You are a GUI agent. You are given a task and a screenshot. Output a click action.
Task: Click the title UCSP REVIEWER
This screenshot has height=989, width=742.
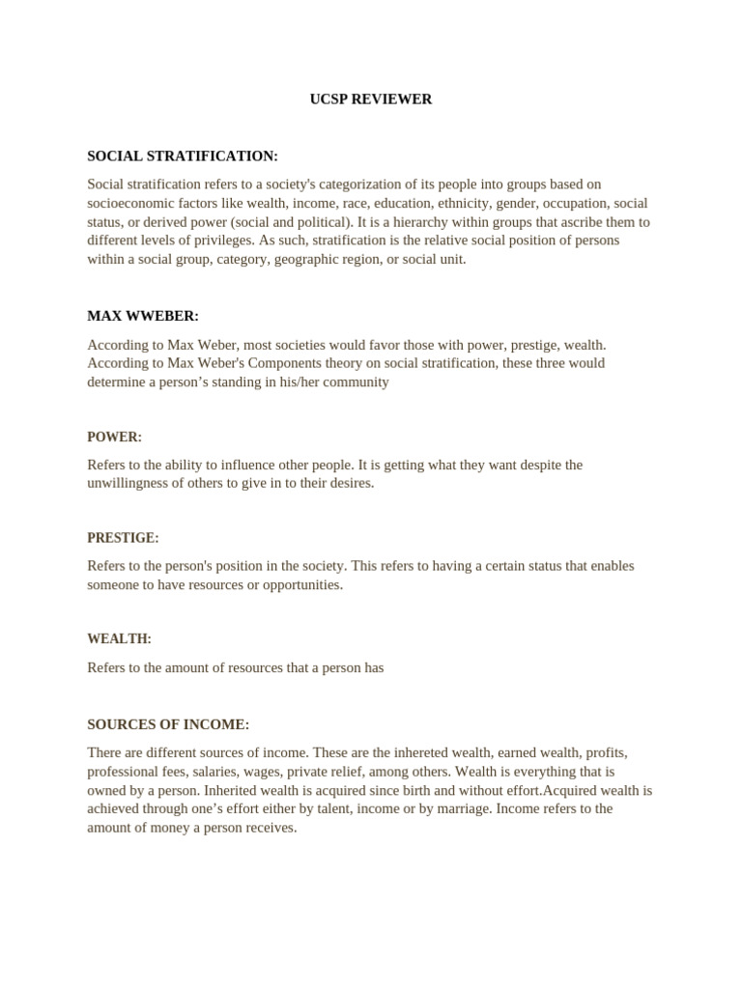coord(371,99)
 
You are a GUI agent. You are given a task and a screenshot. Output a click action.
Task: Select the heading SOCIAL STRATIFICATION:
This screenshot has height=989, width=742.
coord(183,155)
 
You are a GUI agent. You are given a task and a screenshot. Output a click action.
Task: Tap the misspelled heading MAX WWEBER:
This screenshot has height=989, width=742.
coord(143,316)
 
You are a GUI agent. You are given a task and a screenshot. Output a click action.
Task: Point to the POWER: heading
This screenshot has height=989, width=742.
coord(114,437)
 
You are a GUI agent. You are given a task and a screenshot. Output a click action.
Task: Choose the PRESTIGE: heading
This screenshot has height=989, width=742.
coord(123,538)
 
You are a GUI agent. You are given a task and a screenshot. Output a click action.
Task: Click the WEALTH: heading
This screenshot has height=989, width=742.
coord(119,638)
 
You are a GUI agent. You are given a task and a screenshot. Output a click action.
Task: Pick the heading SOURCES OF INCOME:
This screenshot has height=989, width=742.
coord(168,724)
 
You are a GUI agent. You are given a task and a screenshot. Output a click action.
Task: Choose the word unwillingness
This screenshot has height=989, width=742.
coord(128,483)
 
